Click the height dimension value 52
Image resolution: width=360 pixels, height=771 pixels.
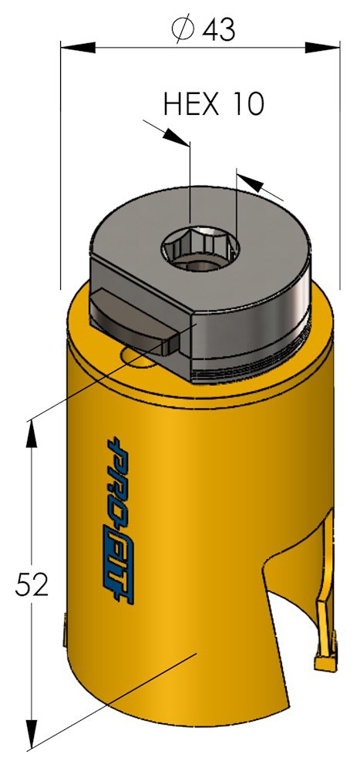[32, 585]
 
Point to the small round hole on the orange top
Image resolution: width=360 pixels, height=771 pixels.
[136, 355]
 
